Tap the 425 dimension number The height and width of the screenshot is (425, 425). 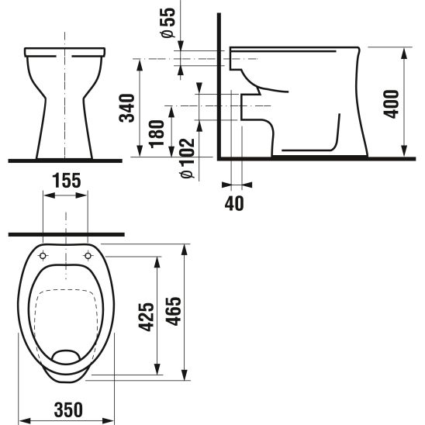[145, 315]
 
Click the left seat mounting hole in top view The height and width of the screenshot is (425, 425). [43, 255]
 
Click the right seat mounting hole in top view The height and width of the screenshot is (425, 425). [89, 255]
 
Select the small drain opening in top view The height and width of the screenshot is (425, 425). [66, 358]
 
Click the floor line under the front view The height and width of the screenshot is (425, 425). [66, 161]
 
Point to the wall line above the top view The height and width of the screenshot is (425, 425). [66, 233]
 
